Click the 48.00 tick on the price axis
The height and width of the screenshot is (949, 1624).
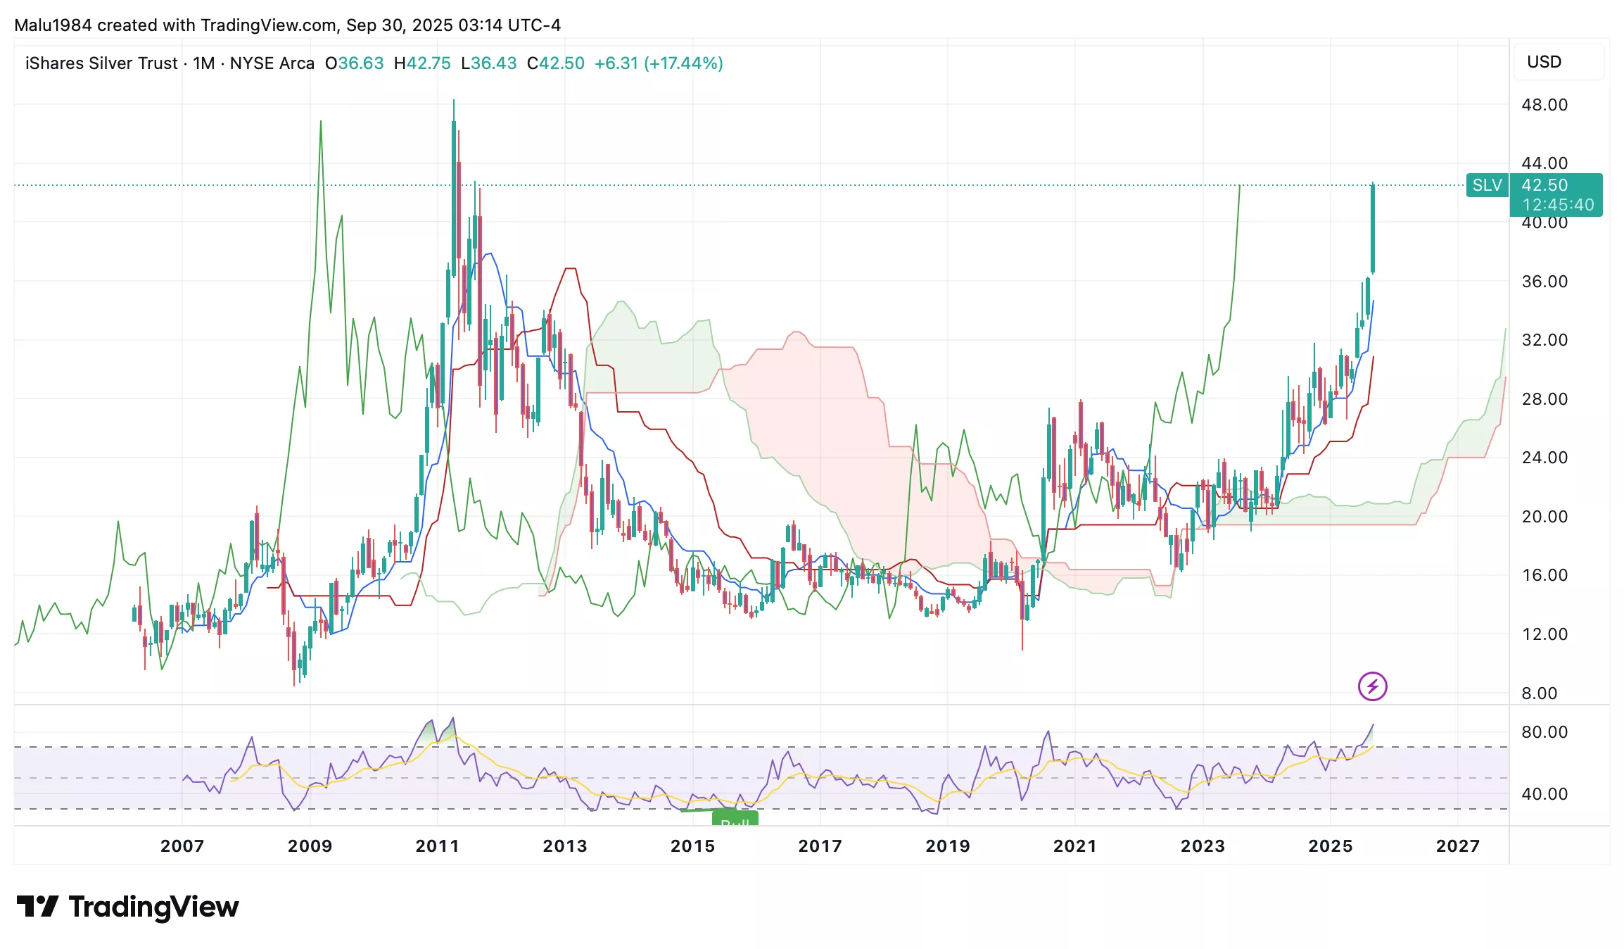[x=1544, y=105]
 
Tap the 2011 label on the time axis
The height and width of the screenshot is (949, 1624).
[x=437, y=846]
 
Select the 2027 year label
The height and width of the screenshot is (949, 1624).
[x=1457, y=846]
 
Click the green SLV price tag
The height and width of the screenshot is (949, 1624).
[x=1487, y=185]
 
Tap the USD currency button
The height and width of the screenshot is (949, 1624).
[x=1544, y=62]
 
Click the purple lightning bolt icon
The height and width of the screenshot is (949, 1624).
[x=1372, y=686]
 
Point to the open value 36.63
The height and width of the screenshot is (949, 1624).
[x=361, y=63]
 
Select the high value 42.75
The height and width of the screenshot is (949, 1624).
[x=429, y=63]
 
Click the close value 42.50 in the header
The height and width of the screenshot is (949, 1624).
[x=562, y=63]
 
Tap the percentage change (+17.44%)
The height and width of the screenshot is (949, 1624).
[x=683, y=63]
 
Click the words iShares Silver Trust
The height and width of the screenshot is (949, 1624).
[x=101, y=63]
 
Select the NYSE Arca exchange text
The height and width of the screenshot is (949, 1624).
[x=272, y=63]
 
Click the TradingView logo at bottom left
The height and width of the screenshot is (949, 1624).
[x=127, y=907]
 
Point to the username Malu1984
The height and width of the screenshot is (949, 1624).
[x=53, y=25]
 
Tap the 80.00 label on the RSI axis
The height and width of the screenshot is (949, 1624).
[x=1544, y=732]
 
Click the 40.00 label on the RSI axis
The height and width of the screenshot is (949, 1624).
[x=1544, y=794]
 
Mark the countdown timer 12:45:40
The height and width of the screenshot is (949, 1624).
[x=1558, y=205]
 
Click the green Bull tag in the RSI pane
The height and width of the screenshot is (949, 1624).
[x=735, y=819]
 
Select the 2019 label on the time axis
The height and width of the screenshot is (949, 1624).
[x=947, y=846]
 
